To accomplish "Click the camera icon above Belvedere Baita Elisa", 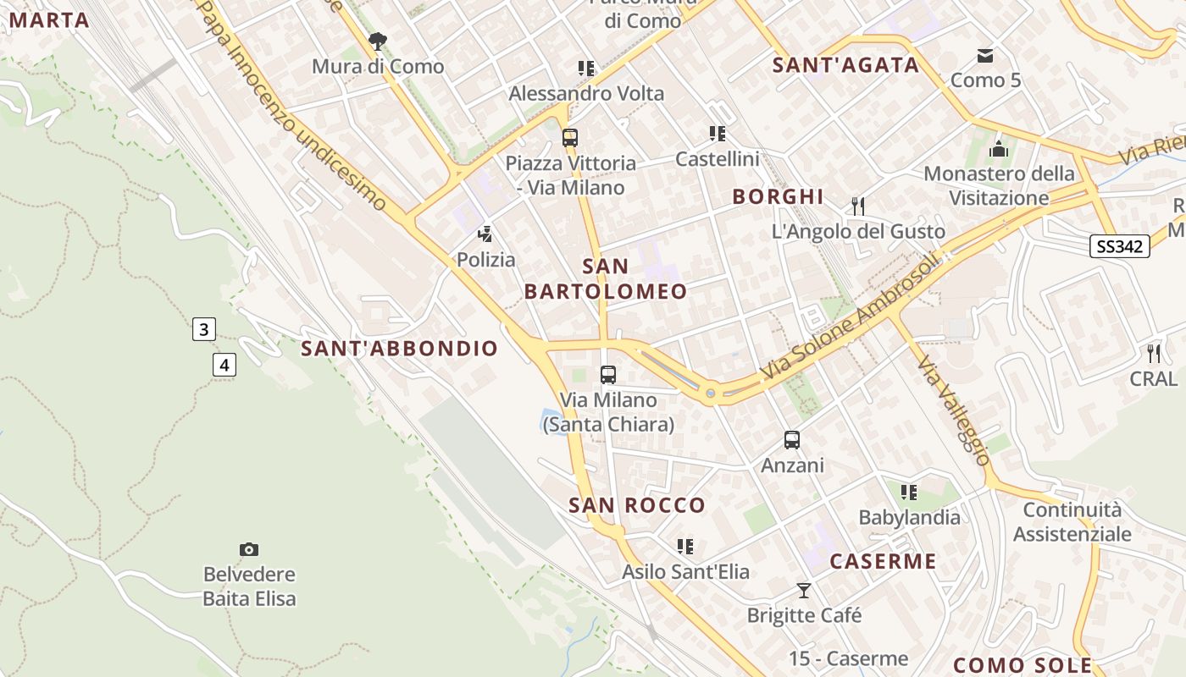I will [x=249, y=549].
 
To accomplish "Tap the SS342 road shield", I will [x=1119, y=246].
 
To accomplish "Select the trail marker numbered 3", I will [x=203, y=329].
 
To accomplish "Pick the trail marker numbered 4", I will [x=224, y=366].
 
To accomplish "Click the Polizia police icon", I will [x=485, y=234].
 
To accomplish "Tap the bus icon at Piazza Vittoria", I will [x=569, y=137].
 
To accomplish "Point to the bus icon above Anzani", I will [x=792, y=440].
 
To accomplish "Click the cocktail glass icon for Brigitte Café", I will [x=804, y=590].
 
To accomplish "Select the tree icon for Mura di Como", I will [x=378, y=41].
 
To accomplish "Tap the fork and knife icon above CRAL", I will [x=1154, y=353].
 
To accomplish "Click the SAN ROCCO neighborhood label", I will [x=637, y=505].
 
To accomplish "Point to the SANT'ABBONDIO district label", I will [x=400, y=348].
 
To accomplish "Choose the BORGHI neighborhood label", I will [x=778, y=196].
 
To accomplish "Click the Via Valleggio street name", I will [x=953, y=410].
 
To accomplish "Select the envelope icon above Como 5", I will [x=985, y=56].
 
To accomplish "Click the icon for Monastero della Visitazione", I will [x=999, y=149].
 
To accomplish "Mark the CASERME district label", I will [x=883, y=561].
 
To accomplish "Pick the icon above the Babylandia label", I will [x=909, y=492].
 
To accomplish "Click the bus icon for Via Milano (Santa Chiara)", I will [x=608, y=374].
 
